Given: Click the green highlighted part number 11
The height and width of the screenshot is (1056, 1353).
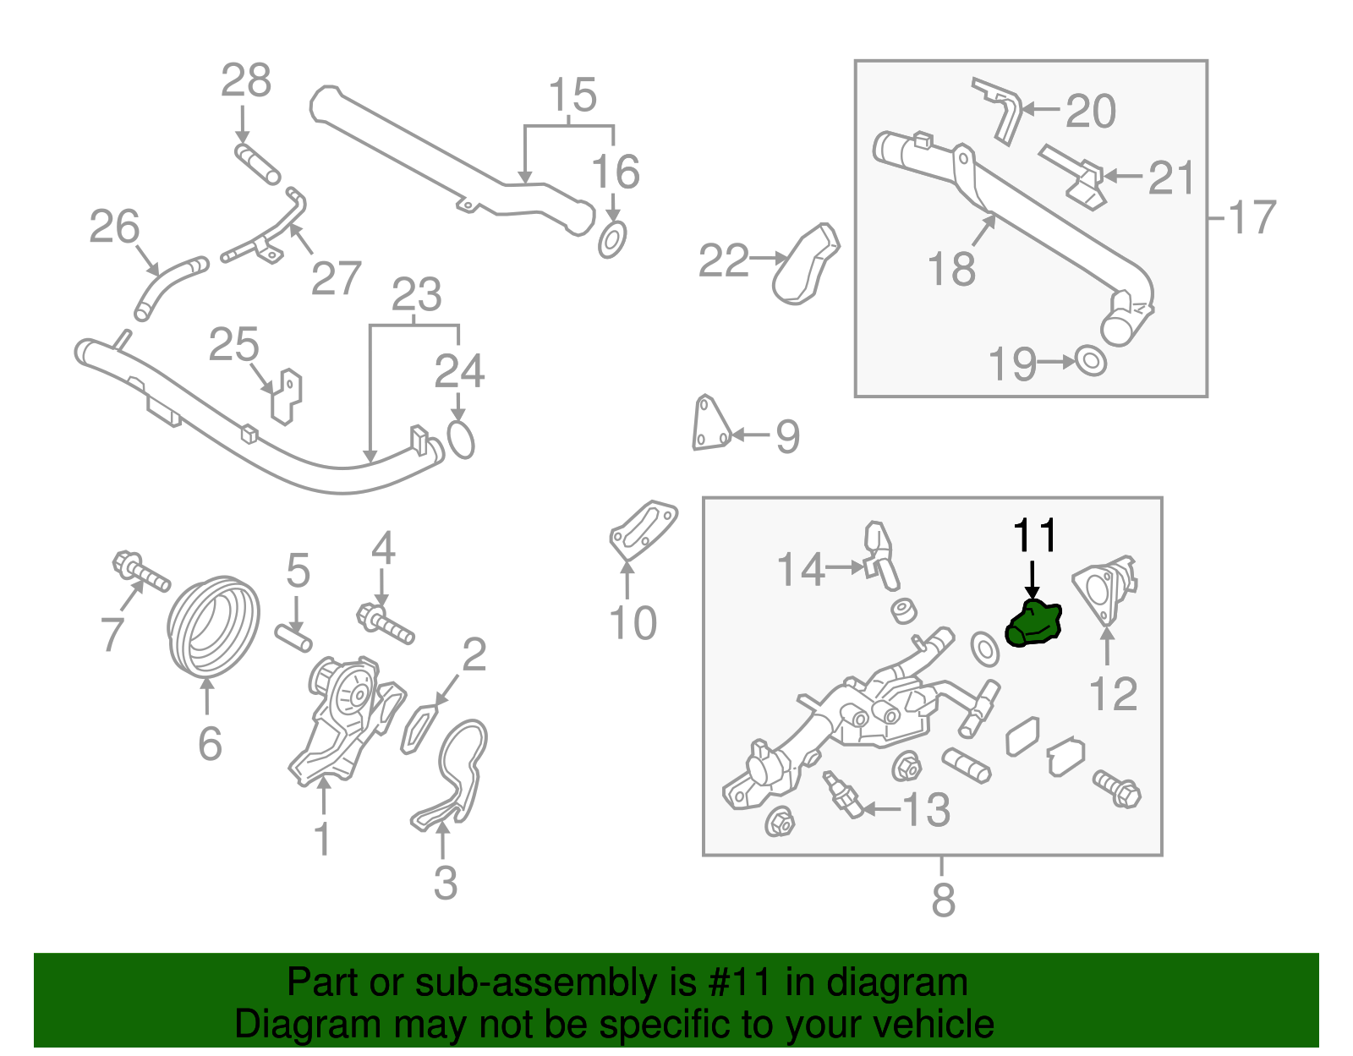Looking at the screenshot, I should [1033, 624].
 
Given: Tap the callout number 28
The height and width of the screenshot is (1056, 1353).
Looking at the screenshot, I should [245, 82].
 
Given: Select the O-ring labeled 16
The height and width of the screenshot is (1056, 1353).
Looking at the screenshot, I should [612, 240].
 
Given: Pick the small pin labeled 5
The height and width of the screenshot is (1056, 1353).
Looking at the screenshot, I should [293, 637].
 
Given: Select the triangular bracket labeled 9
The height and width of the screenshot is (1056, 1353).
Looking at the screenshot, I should [709, 424].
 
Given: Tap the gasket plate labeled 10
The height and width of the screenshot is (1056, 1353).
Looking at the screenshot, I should [643, 530].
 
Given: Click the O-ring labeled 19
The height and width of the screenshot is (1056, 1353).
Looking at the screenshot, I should [1091, 361].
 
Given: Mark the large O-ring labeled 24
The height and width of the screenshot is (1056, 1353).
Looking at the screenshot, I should [461, 440].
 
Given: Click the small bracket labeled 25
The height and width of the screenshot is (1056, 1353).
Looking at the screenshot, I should [287, 396].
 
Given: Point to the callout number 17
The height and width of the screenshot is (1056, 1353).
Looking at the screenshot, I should [1251, 218].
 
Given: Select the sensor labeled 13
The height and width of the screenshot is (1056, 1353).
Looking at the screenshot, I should [843, 795].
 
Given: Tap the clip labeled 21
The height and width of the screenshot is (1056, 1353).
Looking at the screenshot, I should [1076, 177].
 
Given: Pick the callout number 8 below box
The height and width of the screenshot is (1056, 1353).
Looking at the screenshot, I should [942, 900].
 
